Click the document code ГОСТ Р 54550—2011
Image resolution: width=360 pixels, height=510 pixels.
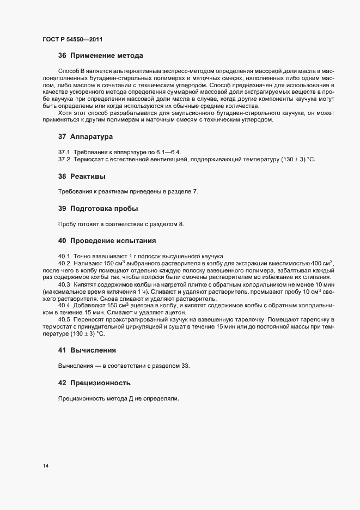72,39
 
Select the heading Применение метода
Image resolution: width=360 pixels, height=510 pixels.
107,56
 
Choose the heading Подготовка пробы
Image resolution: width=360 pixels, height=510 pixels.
104,209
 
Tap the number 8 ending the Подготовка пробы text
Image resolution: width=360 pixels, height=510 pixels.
182,224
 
